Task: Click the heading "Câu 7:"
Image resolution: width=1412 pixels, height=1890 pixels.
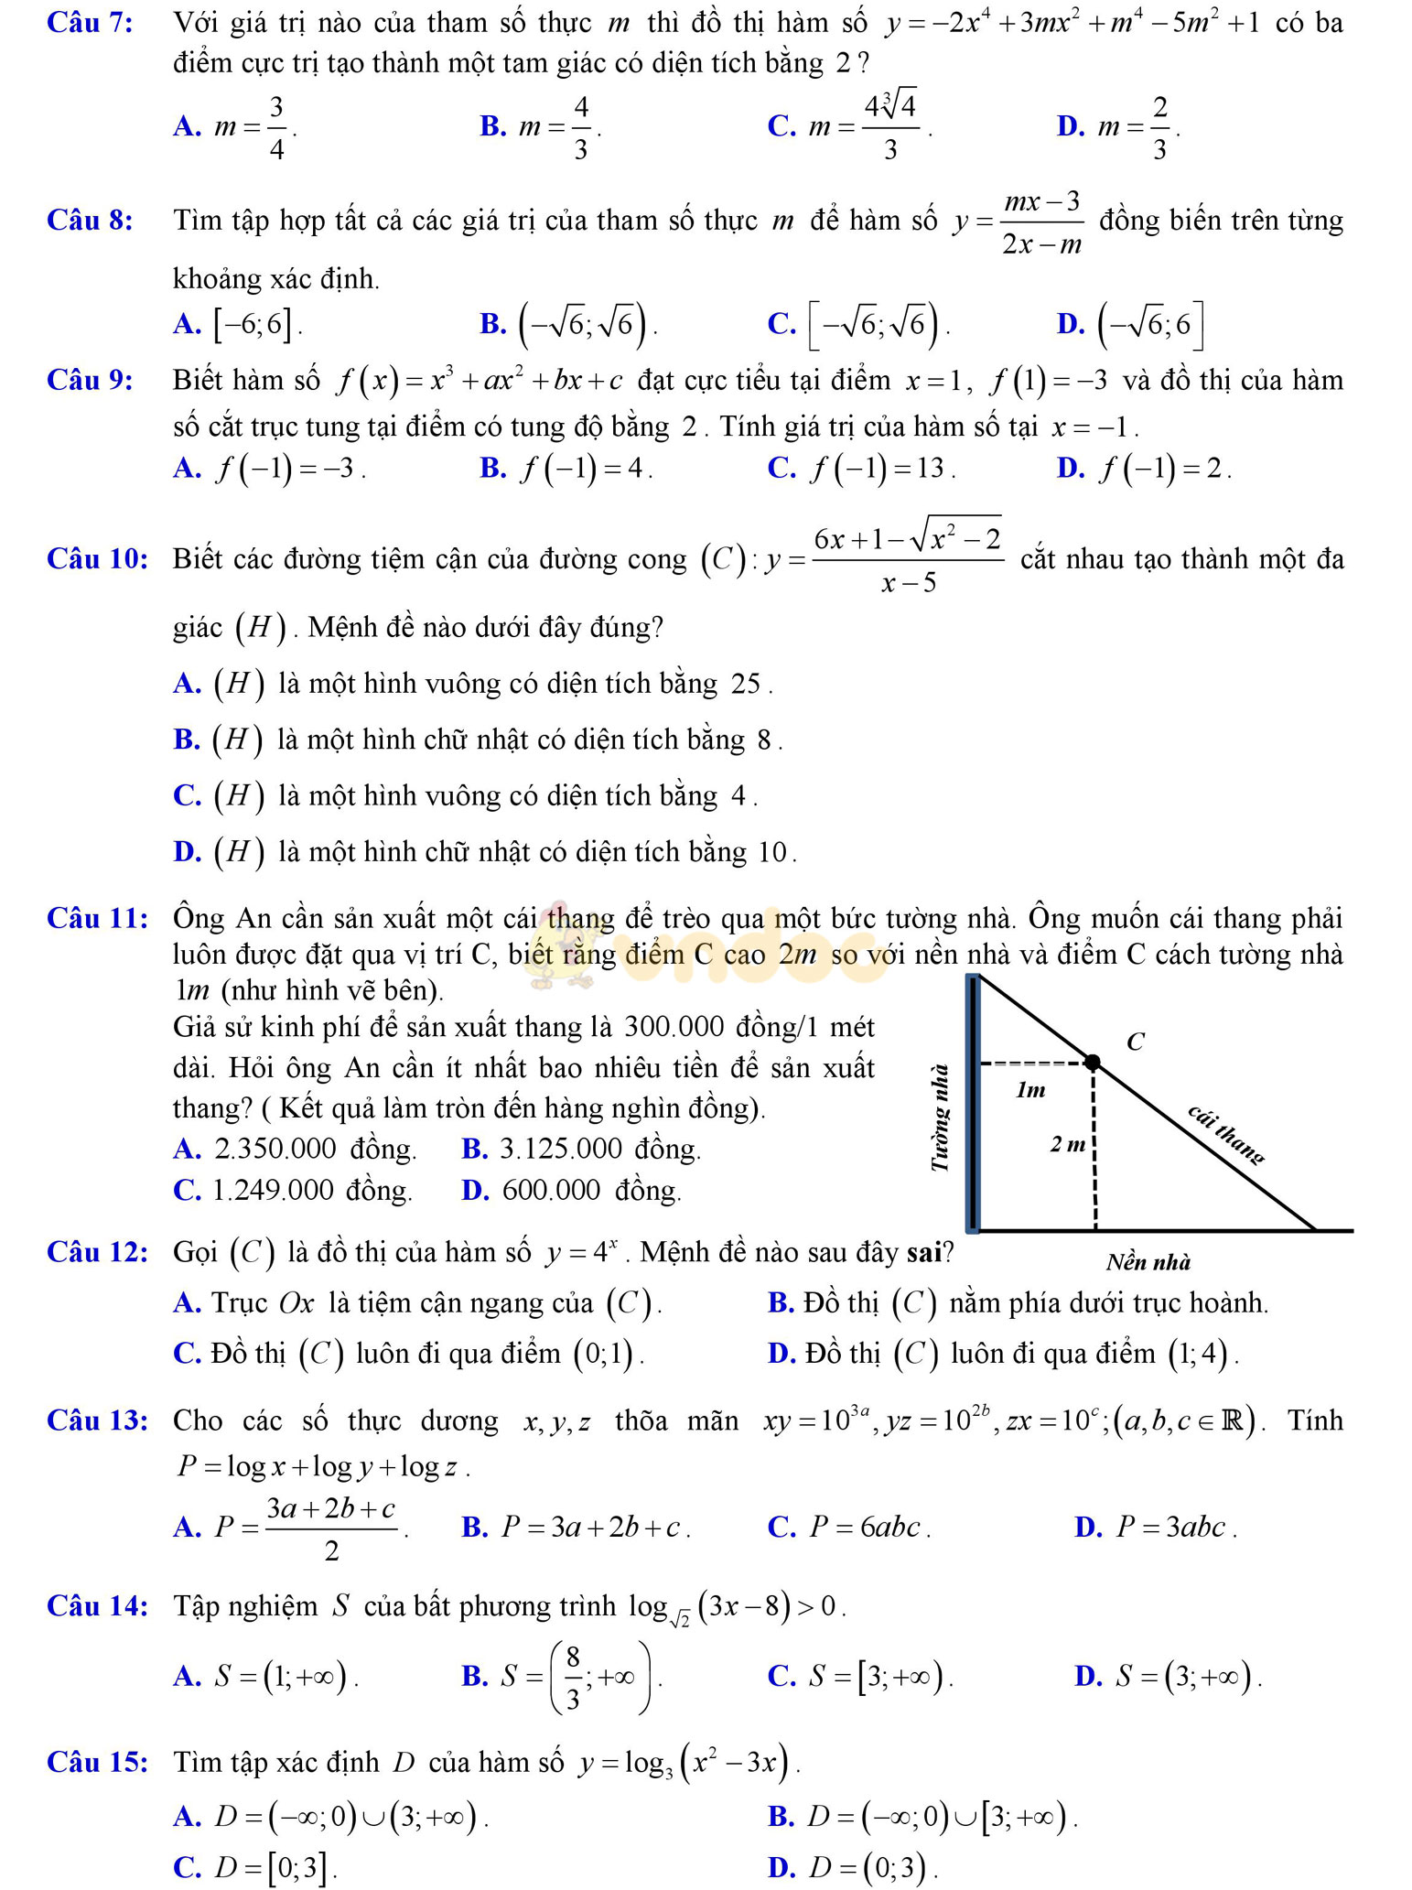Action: coord(90,23)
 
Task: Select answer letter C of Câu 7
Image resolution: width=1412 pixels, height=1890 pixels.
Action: coord(781,127)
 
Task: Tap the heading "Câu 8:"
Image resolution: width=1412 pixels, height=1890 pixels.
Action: coord(90,221)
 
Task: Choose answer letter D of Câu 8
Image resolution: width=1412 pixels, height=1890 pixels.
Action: coord(1069,324)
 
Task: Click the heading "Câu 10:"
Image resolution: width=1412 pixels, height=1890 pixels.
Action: coord(97,558)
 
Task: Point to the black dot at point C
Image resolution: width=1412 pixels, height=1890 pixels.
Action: coord(1093,1063)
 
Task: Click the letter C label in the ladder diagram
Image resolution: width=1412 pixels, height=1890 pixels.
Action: coord(1136,1042)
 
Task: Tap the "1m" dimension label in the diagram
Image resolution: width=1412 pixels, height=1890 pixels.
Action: coord(1030,1090)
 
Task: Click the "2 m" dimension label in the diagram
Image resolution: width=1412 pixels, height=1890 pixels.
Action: coord(1068,1144)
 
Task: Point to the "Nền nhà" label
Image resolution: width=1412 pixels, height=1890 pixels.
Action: coord(1148,1263)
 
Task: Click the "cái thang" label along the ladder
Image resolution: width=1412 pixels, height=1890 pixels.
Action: coord(1226,1134)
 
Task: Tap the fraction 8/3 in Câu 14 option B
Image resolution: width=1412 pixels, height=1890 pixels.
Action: coord(573,1678)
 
